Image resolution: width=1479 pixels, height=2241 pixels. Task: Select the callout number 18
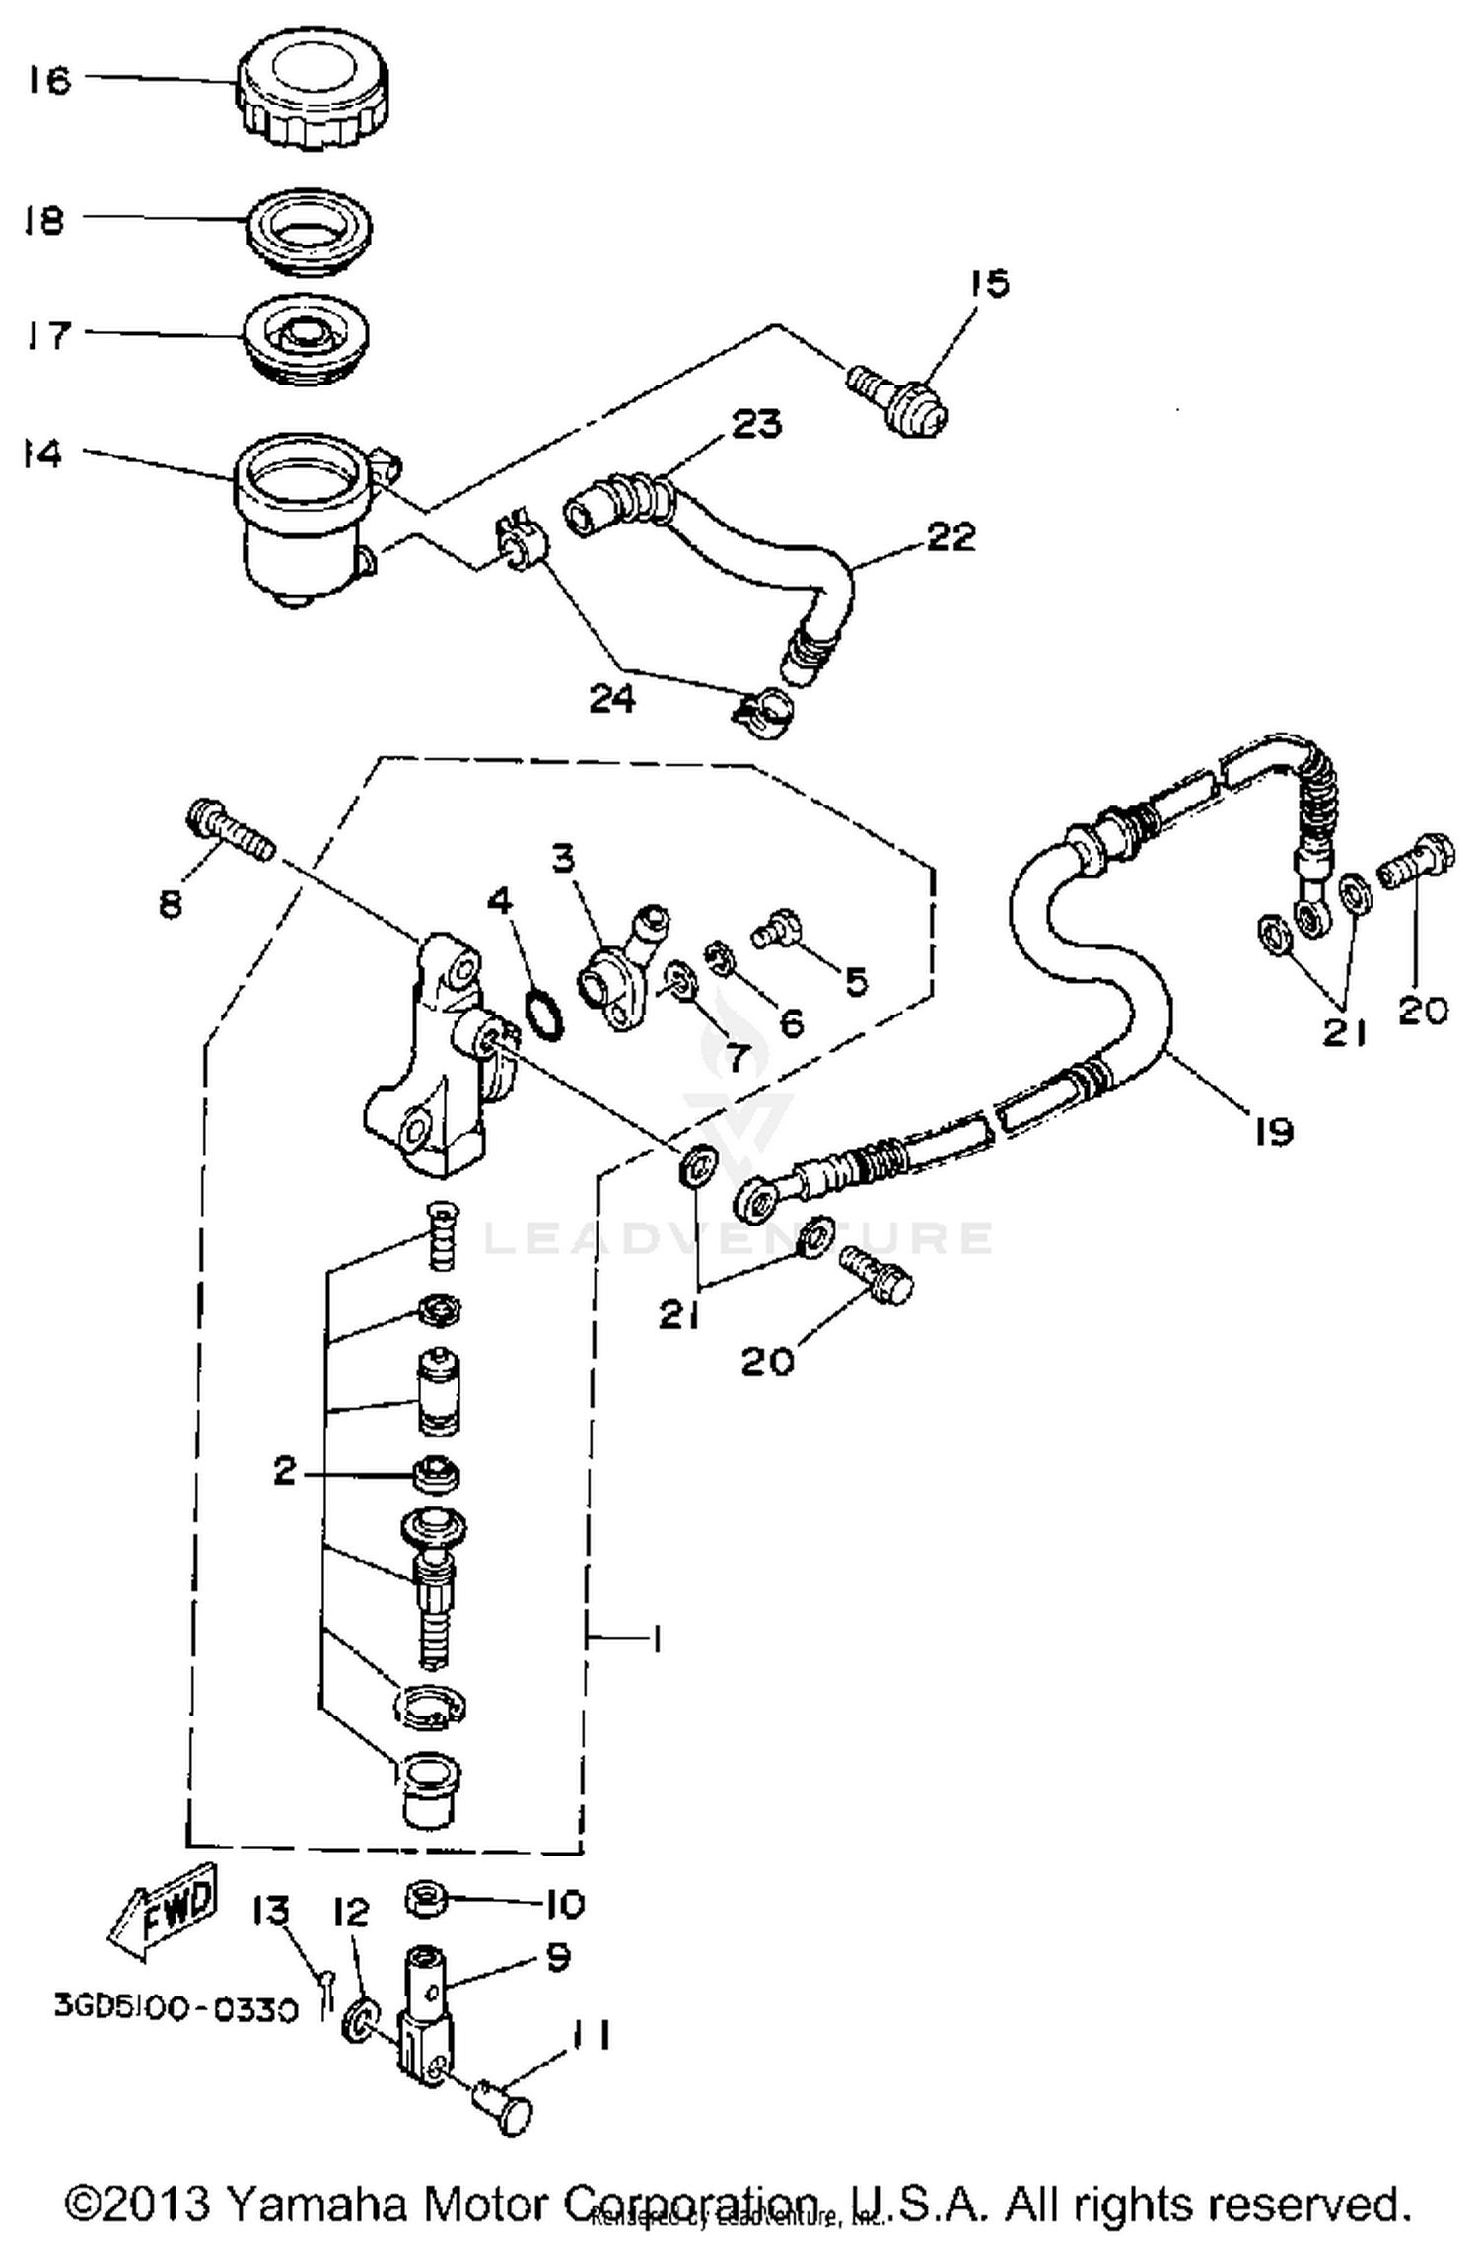(x=44, y=220)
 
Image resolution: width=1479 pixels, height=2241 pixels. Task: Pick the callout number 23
(x=756, y=424)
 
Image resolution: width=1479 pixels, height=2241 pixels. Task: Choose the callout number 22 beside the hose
(x=951, y=537)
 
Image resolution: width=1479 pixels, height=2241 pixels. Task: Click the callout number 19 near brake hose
(x=1273, y=1131)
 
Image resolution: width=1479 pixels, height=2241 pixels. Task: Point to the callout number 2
(x=285, y=1472)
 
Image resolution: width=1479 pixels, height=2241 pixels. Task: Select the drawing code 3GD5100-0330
(x=175, y=2009)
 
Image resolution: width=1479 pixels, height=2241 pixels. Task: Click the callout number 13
(x=271, y=1910)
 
